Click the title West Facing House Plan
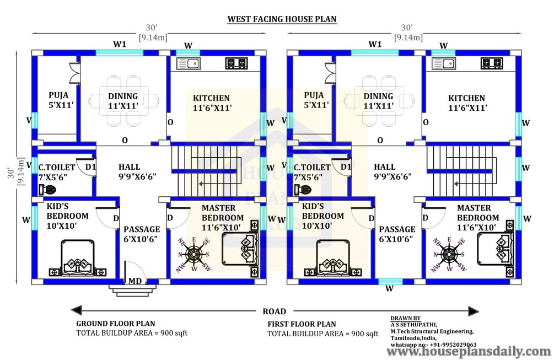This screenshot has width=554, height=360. click(282, 19)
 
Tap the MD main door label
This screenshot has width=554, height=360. click(135, 281)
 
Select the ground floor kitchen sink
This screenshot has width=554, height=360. click(189, 63)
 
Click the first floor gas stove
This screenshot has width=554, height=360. click(492, 63)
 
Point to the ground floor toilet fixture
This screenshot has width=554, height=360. click(47, 190)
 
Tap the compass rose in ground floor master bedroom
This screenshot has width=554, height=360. click(193, 254)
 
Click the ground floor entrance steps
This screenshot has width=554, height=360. click(132, 289)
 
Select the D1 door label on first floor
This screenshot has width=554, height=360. click(346, 166)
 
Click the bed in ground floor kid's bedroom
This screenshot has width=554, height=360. click(78, 258)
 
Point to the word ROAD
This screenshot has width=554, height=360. click(274, 311)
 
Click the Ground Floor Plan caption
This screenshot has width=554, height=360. click(116, 324)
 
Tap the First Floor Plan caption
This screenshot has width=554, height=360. click(302, 324)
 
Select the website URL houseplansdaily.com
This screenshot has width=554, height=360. click(469, 352)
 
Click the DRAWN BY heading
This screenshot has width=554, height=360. click(406, 318)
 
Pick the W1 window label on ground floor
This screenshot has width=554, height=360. click(120, 44)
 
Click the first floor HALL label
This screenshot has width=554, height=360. click(385, 166)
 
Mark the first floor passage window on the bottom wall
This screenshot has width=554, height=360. click(390, 282)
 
